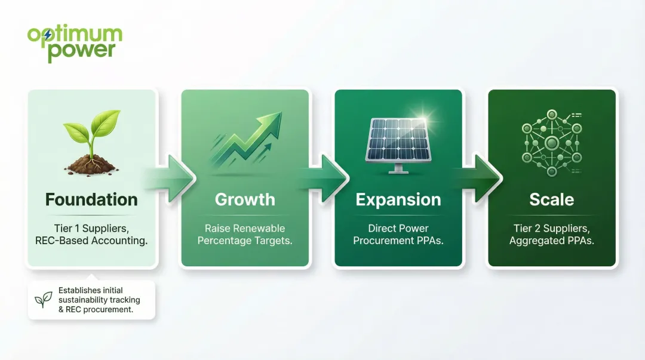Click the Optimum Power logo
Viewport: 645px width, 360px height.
point(75,43)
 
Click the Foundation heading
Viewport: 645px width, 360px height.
point(91,199)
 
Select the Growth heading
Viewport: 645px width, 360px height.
point(245,199)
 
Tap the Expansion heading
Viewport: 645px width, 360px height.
point(398,199)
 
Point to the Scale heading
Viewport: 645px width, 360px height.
point(551,199)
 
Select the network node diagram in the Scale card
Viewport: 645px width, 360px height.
point(551,142)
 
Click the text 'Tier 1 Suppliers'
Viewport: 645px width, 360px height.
point(91,229)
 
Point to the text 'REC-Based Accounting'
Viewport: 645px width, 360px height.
point(91,241)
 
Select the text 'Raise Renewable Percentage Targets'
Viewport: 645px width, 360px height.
point(245,235)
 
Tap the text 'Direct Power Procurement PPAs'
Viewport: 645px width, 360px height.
point(398,235)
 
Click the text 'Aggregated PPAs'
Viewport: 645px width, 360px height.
point(551,241)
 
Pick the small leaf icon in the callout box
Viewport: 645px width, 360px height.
point(43,300)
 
